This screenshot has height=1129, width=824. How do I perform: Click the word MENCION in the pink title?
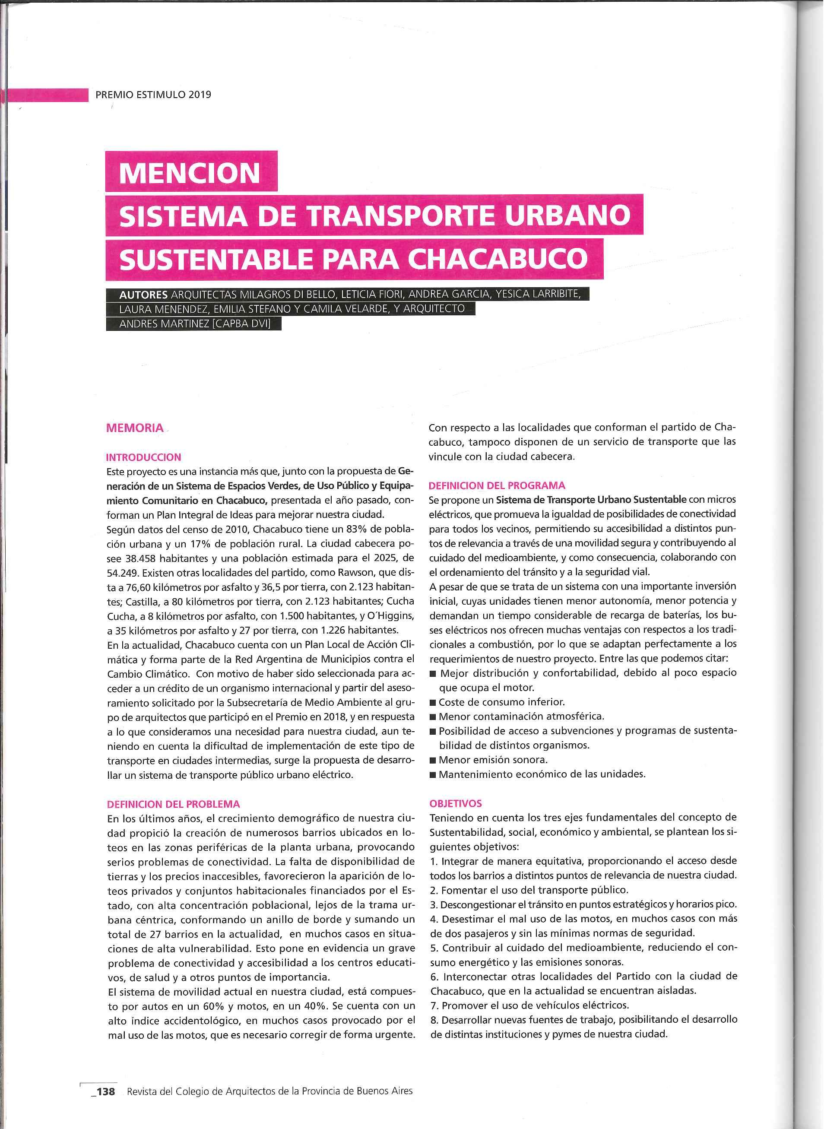click(x=190, y=173)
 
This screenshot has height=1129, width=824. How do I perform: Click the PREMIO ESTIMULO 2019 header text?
click(x=153, y=95)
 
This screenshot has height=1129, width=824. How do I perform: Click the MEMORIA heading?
click(x=135, y=428)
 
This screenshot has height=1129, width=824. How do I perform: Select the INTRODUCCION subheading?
click(x=144, y=457)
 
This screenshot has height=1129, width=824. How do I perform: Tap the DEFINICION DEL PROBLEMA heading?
click(x=174, y=804)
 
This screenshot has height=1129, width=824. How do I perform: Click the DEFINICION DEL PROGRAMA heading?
click(x=497, y=485)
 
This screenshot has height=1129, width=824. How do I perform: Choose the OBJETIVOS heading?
click(x=455, y=803)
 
